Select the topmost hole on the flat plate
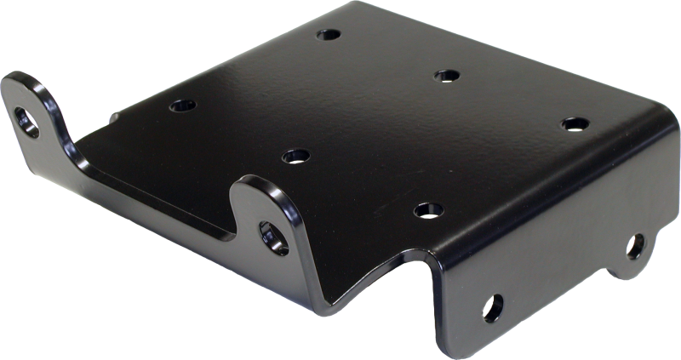coord(326,37)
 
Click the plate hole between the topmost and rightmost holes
coord(444,76)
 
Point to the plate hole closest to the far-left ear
coord(181,107)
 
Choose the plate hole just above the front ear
coord(295,156)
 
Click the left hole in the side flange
coord(491,304)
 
